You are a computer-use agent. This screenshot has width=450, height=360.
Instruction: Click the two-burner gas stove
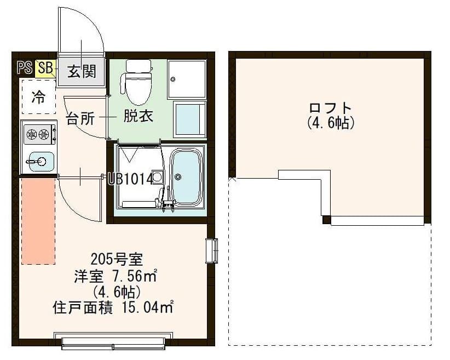(38, 133)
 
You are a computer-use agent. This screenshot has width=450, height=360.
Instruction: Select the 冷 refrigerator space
(38, 98)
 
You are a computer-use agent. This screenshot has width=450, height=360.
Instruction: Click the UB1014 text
(130, 179)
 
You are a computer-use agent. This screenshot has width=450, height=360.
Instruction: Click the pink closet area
(38, 220)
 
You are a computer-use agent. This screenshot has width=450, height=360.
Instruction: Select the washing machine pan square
(186, 79)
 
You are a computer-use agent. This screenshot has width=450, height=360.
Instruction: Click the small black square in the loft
(326, 220)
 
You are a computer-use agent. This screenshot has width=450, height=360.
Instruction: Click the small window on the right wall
(211, 251)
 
